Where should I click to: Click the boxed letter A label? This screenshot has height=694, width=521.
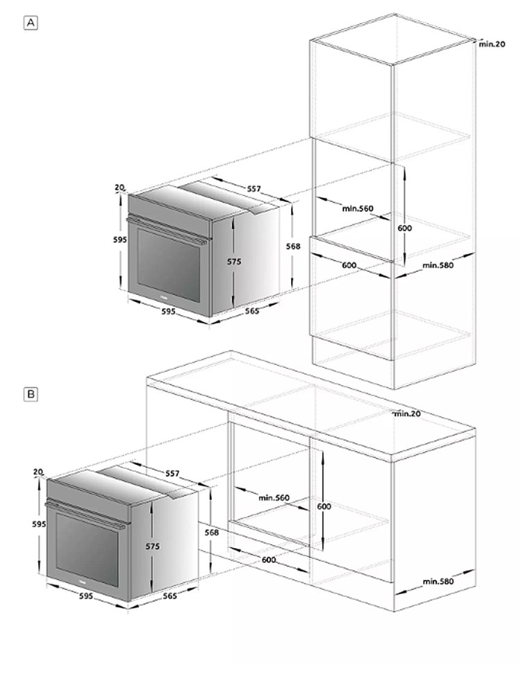tap(31, 23)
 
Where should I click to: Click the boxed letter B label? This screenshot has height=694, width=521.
tap(31, 394)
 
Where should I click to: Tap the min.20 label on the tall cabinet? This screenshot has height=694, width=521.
tap(492, 44)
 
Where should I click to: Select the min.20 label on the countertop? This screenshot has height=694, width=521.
tap(408, 414)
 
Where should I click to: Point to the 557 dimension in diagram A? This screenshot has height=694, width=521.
tap(254, 189)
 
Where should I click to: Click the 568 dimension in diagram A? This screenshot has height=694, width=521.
tap(293, 246)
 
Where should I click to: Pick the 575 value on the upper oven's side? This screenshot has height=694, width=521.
tap(234, 262)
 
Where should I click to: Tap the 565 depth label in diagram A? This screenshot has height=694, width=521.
tap(252, 311)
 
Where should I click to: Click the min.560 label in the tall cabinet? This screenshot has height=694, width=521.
tap(358, 208)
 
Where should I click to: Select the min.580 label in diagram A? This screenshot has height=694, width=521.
tap(438, 265)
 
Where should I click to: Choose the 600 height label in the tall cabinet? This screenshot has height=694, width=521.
tap(404, 228)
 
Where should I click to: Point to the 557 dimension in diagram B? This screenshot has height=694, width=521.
tap(172, 473)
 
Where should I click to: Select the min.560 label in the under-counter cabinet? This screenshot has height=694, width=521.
tap(274, 498)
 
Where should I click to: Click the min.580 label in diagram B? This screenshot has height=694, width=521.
tap(438, 581)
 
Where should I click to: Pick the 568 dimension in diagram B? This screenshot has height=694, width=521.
tap(211, 532)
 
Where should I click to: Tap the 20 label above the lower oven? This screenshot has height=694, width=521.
tap(38, 472)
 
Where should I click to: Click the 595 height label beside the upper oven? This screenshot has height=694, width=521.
tap(119, 239)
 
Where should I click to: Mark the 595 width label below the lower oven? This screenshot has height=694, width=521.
tap(86, 595)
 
